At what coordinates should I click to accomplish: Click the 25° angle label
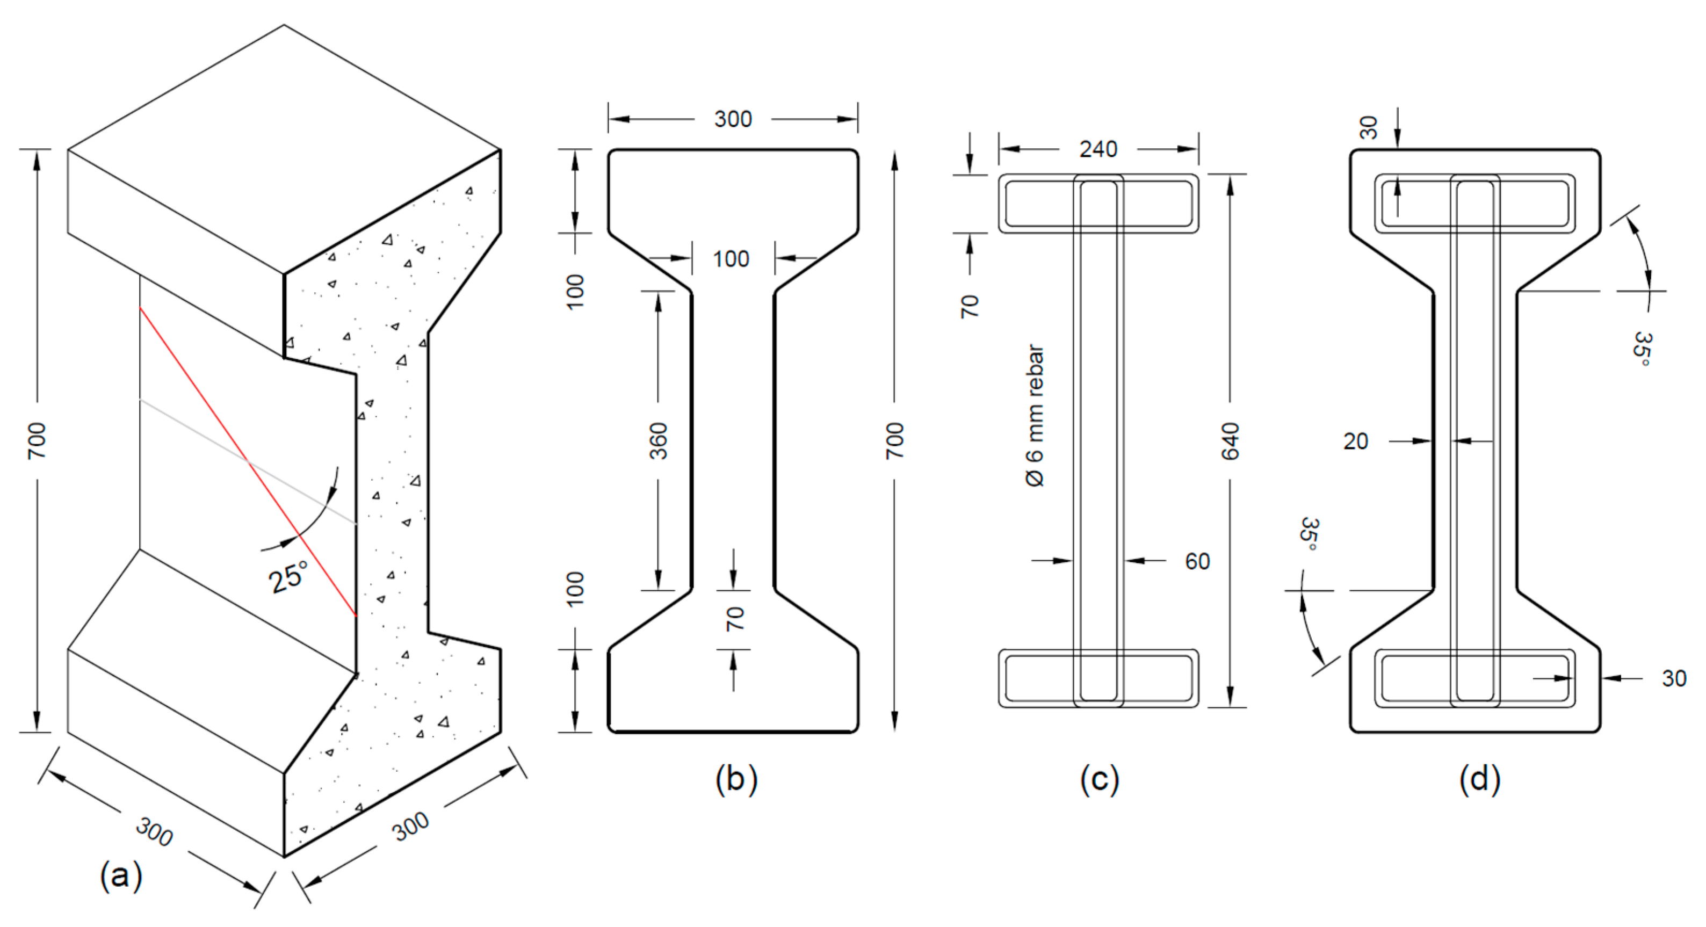tap(289, 576)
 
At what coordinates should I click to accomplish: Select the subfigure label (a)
tap(120, 875)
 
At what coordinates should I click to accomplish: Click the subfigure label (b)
tap(736, 779)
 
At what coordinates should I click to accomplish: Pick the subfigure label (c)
tap(1100, 779)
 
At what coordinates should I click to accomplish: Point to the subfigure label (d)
tap(1479, 779)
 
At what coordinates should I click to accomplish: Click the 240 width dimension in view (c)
tap(1098, 149)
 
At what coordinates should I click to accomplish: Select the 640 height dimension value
tap(1230, 441)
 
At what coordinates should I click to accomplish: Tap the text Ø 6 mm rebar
tap(1035, 416)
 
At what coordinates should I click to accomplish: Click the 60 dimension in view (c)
tap(1197, 561)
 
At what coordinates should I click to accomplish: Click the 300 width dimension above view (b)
tap(733, 119)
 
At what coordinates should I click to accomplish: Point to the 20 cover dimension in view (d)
tap(1355, 441)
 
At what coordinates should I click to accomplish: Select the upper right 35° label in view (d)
tap(1642, 349)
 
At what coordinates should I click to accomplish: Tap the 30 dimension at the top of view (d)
tap(1368, 127)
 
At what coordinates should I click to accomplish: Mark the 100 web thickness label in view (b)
tap(731, 259)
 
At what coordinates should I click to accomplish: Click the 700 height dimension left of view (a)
tap(37, 441)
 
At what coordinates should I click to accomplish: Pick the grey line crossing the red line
tap(192, 429)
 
